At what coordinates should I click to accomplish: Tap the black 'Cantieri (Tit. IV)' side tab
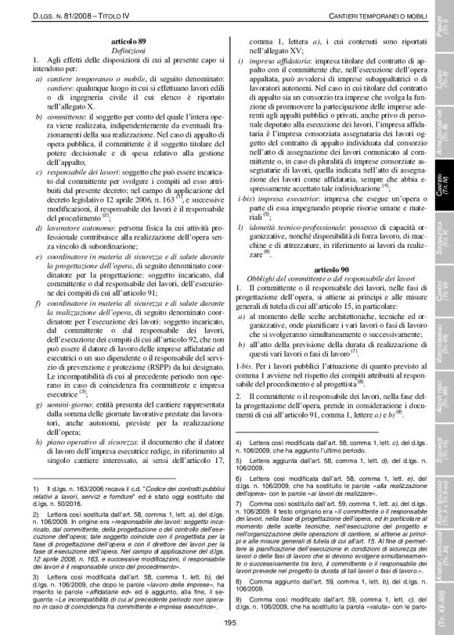(440, 184)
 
